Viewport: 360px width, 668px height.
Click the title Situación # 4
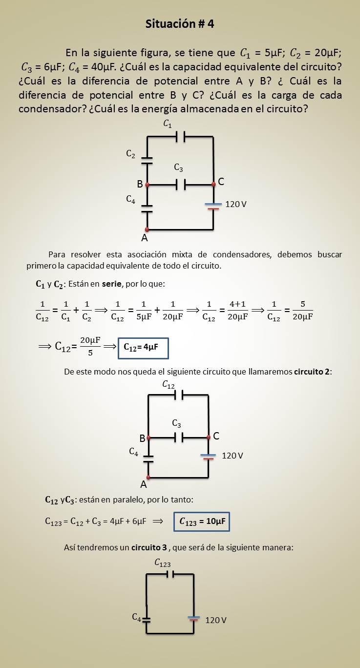point(180,24)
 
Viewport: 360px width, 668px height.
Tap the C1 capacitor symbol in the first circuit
point(180,138)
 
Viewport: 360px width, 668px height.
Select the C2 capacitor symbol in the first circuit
point(147,161)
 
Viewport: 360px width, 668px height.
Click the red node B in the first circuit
point(147,185)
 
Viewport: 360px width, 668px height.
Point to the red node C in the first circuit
point(213,185)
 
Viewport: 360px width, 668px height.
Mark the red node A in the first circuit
point(147,229)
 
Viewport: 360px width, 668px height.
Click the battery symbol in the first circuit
point(213,206)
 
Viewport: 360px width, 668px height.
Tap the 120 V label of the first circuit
point(236,204)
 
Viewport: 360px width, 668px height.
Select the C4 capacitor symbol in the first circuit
point(147,209)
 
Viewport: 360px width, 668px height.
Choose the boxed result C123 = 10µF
point(202,522)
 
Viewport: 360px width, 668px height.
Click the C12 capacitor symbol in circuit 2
point(179,395)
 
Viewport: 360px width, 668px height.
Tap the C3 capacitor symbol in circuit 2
point(179,438)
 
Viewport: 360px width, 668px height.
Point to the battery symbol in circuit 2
point(209,457)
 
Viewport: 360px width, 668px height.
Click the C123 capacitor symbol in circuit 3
point(170,574)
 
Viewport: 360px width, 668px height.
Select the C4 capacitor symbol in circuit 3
point(146,619)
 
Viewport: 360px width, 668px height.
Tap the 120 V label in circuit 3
point(215,620)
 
